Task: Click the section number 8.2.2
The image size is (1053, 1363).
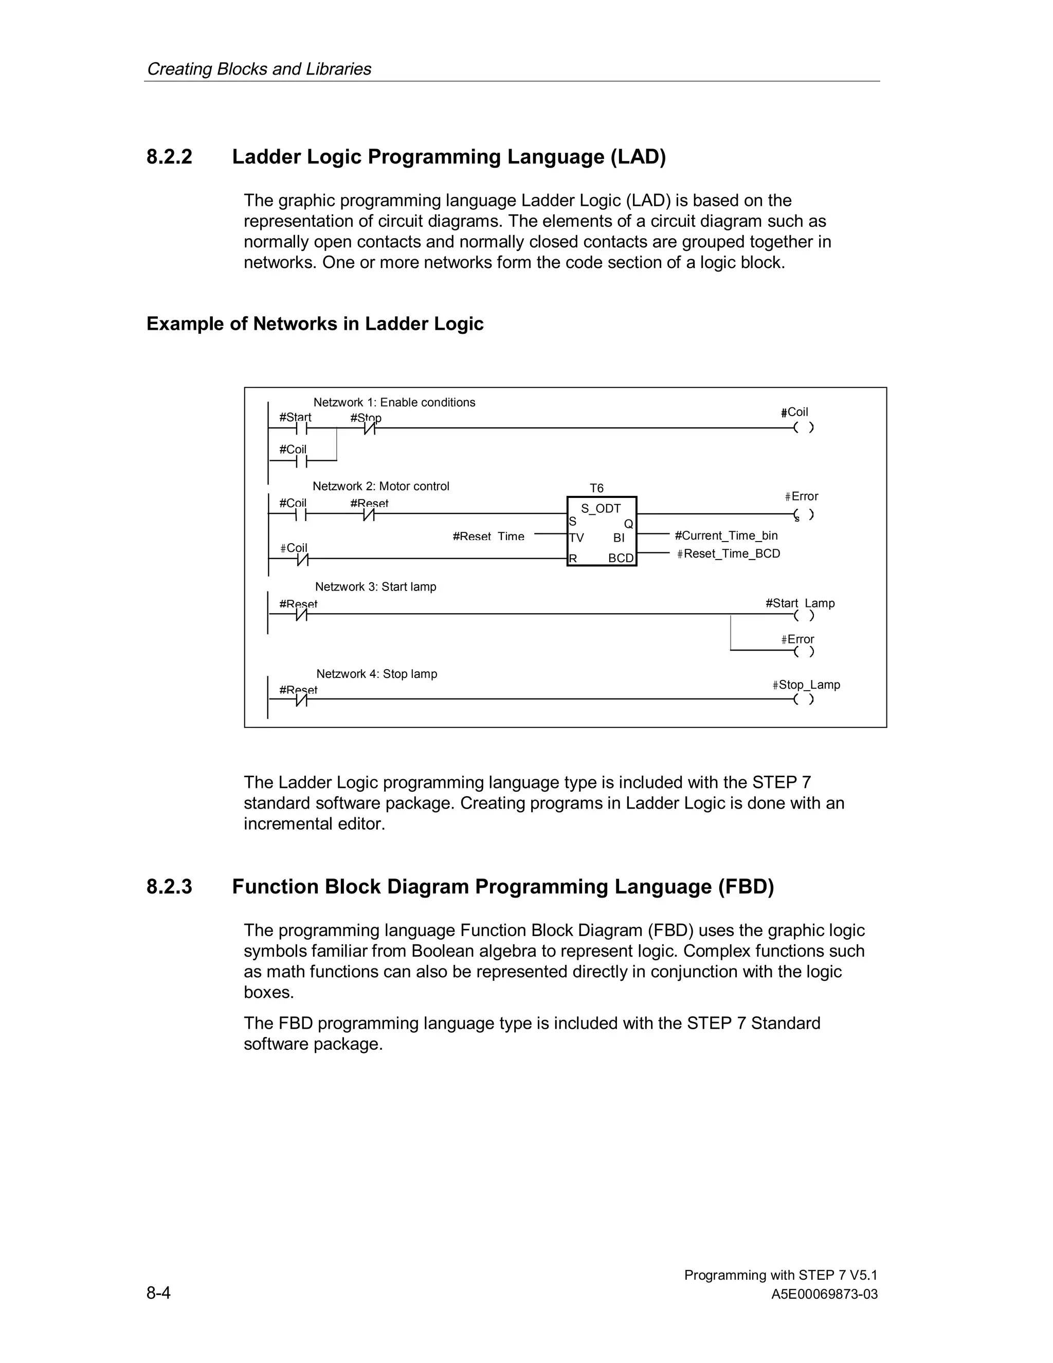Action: click(169, 157)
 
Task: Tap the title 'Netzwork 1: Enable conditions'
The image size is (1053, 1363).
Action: click(394, 403)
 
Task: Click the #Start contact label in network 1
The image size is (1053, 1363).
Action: click(295, 417)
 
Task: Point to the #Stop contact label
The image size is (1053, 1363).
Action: click(366, 418)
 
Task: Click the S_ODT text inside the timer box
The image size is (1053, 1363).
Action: click(601, 509)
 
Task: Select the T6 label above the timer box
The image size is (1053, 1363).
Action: click(596, 488)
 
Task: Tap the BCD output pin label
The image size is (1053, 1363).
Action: click(621, 558)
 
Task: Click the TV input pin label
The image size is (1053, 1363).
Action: click(576, 537)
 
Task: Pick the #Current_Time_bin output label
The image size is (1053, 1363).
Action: click(726, 535)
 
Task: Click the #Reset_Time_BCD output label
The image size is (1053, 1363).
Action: click(729, 553)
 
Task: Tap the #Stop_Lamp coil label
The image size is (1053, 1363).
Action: click(806, 685)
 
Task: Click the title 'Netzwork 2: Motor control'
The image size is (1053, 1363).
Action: click(380, 486)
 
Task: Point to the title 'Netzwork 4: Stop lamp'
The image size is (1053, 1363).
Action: click(376, 674)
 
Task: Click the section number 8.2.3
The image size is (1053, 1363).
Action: click(169, 887)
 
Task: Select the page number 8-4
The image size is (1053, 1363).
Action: click(158, 1293)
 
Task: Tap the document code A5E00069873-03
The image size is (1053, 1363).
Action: click(824, 1295)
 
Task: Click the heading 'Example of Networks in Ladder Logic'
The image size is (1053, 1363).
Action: click(315, 324)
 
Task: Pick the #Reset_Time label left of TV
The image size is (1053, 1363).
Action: click(488, 536)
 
